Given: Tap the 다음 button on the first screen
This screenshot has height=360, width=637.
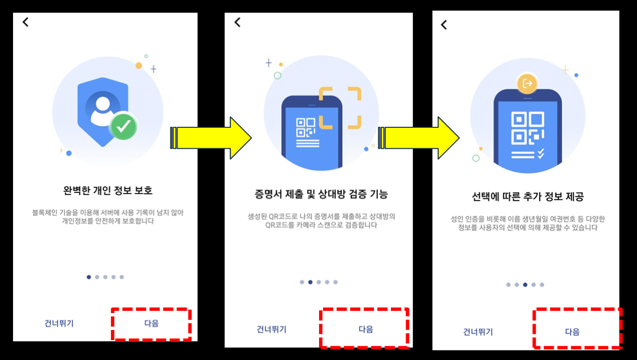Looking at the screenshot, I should point(151,324).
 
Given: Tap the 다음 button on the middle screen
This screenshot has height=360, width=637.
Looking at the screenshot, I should point(365,329).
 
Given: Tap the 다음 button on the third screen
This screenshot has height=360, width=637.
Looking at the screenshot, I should point(573,332).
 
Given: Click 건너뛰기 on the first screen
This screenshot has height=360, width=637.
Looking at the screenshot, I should point(59,324).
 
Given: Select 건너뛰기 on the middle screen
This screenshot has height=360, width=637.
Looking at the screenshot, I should point(272,329).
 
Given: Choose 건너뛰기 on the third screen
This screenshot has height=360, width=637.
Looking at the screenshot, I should point(478,332).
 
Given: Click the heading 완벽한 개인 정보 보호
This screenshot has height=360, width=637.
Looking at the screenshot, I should point(107,190).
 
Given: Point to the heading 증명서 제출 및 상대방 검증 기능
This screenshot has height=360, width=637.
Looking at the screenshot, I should point(321,195).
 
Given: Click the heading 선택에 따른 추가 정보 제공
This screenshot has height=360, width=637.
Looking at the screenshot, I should point(527,197).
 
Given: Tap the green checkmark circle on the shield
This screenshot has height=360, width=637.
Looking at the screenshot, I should point(123,127).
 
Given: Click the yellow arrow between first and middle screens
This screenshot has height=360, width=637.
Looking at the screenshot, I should point(211,138).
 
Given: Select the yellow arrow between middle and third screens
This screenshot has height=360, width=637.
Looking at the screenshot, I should point(421,138).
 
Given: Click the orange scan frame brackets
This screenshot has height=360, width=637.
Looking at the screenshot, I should point(339,108).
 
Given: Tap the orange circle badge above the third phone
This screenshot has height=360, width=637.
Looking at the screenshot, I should point(527,84).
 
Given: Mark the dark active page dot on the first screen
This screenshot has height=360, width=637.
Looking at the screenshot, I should point(89,277).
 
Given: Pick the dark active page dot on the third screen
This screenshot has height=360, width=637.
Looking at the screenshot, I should point(526,285).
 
